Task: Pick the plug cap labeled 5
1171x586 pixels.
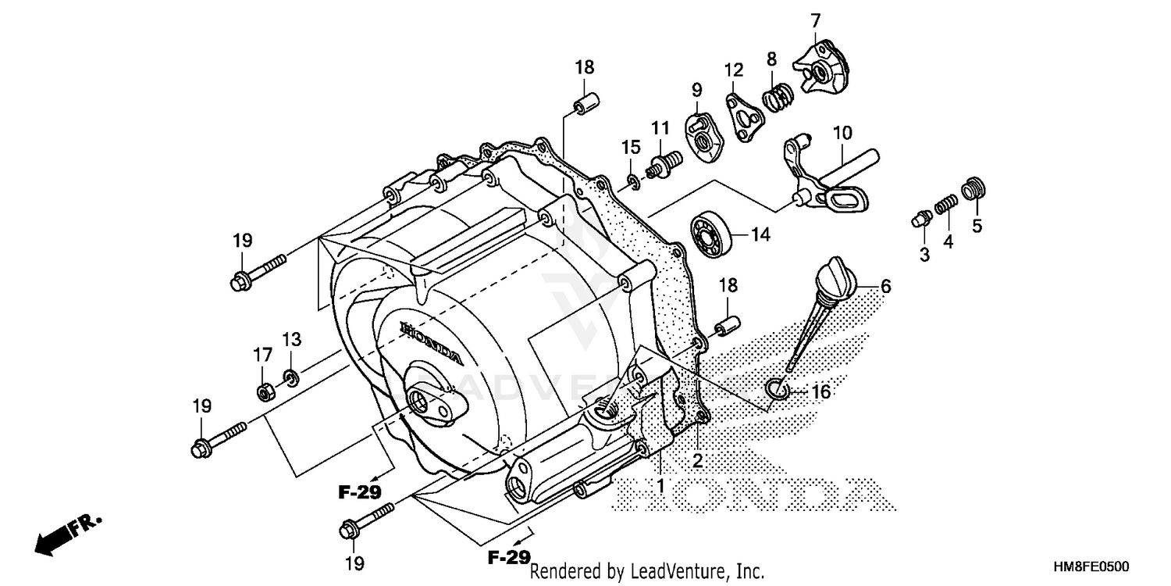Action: click(976, 189)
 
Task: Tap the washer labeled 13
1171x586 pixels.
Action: click(290, 379)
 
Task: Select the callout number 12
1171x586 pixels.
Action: click(733, 70)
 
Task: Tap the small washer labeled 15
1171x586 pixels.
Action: click(632, 184)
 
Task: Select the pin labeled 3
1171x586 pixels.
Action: click(920, 218)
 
